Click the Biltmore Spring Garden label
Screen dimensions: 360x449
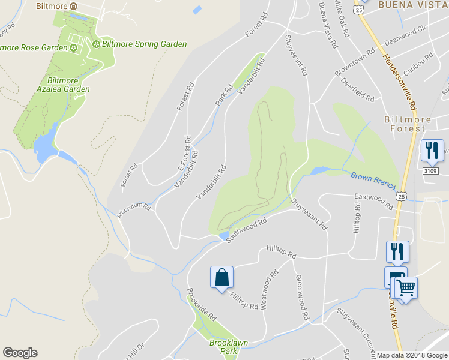coord(144,44)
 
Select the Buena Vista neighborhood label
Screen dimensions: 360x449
coord(413,5)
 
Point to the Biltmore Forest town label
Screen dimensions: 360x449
coord(408,124)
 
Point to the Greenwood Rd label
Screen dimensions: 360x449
coord(301,297)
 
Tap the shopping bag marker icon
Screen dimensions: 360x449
coord(221,277)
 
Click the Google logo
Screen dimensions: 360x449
coord(20,353)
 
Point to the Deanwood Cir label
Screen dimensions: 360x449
coord(405,35)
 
